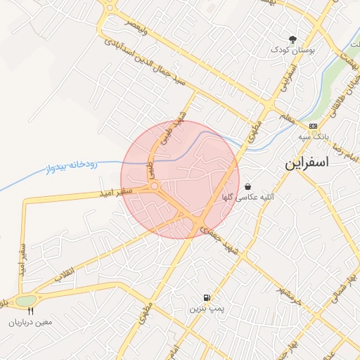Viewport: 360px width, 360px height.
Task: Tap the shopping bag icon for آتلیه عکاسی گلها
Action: (248, 186)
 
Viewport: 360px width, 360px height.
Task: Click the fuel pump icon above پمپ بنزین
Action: (207, 297)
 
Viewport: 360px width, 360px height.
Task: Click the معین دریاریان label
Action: (31, 322)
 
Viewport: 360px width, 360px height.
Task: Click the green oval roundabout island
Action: (26, 301)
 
